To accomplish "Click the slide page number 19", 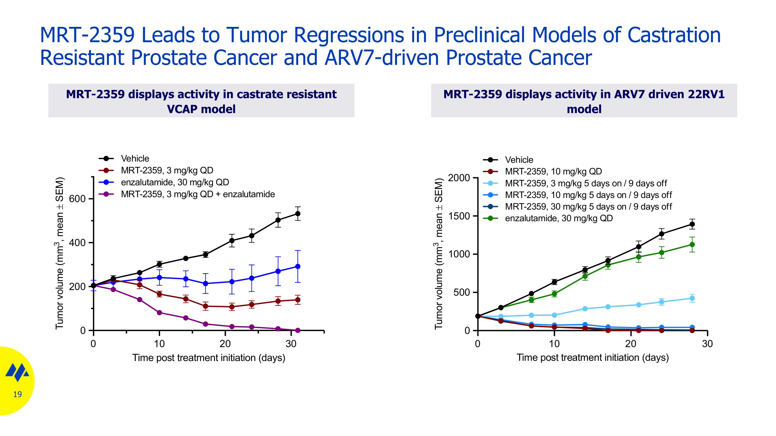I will (x=18, y=394).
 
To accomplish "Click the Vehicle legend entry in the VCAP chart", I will (x=135, y=159).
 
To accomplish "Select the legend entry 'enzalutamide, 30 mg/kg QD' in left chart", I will (x=175, y=182).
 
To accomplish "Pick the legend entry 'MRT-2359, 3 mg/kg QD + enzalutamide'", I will (x=198, y=194).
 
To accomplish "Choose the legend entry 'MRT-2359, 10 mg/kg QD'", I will (x=553, y=172).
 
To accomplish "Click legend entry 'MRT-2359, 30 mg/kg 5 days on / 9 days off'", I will (x=588, y=207).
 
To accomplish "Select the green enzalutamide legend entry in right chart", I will (x=558, y=218).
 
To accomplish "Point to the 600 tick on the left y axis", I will (x=77, y=199).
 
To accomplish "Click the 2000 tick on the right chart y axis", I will (x=459, y=178).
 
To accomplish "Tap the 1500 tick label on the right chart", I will (x=459, y=216).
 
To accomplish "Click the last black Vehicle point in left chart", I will (x=298, y=214).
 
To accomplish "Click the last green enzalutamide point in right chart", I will (x=692, y=245).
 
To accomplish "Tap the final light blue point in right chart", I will (x=692, y=299).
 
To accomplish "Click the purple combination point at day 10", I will (x=159, y=313).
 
